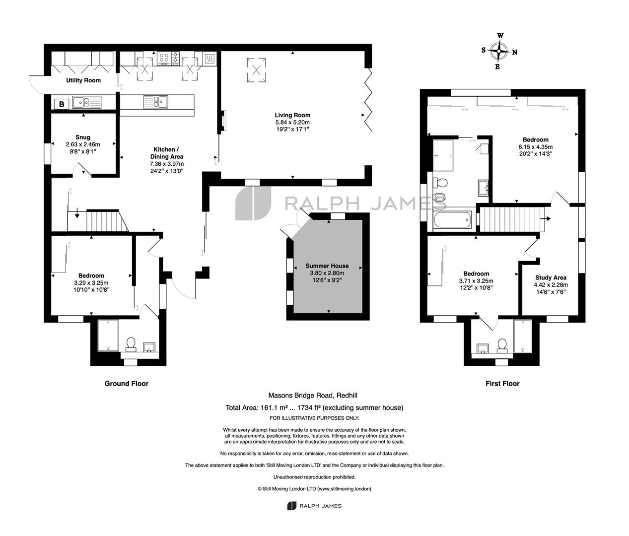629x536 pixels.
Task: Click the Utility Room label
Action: (x=83, y=80)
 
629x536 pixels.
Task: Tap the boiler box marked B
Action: (x=62, y=104)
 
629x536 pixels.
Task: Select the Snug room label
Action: (x=83, y=137)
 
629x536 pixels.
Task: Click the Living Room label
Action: (x=292, y=115)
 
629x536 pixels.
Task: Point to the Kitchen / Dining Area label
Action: (x=167, y=153)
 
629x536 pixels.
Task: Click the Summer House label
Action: (x=327, y=266)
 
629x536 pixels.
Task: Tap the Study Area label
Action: (x=551, y=277)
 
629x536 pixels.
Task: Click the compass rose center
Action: (x=499, y=51)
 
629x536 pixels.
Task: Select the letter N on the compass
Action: (x=515, y=52)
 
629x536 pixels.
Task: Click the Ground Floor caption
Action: (x=127, y=383)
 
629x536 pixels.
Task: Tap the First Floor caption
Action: (x=502, y=383)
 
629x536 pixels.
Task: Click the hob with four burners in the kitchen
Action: (x=164, y=58)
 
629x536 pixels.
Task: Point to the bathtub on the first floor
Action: (x=452, y=220)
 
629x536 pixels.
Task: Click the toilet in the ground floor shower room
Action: (x=131, y=344)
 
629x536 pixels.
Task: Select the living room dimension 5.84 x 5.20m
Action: (x=292, y=122)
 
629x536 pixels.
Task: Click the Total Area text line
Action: (x=314, y=407)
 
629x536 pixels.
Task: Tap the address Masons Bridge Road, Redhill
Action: (x=313, y=396)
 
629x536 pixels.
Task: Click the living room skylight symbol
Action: (x=256, y=70)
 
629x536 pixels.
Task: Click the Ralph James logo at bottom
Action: (x=314, y=506)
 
